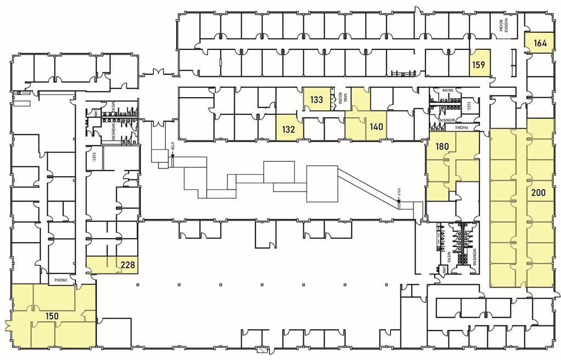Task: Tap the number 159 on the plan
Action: tap(479, 65)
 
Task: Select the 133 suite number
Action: tap(316, 100)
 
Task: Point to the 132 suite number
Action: tap(289, 130)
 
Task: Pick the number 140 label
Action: tap(376, 127)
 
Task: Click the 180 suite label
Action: tap(443, 147)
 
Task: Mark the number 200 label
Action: tap(539, 193)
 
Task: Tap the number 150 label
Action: tap(53, 317)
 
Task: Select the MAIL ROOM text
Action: tap(342, 98)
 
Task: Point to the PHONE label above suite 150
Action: tap(61, 280)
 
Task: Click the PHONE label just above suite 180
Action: tap(464, 127)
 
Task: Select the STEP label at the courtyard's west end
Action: tap(172, 146)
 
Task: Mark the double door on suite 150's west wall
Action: tap(8, 325)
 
